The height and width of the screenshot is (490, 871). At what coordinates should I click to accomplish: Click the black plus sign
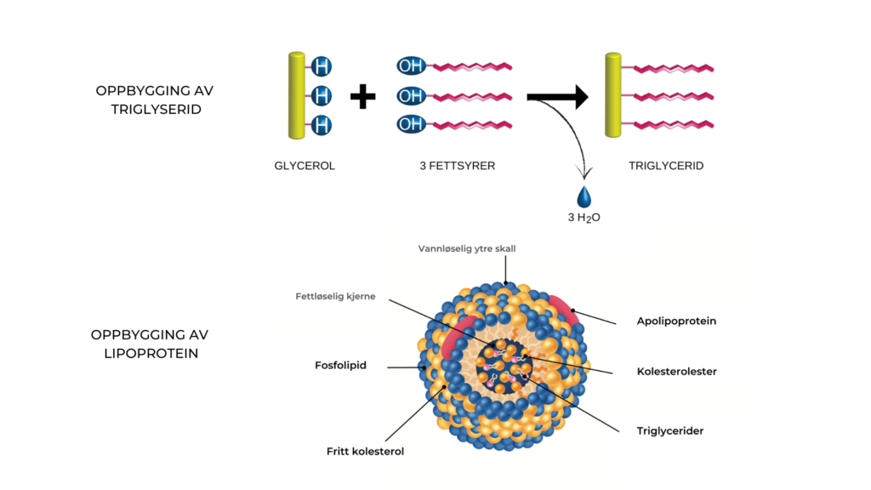[363, 97]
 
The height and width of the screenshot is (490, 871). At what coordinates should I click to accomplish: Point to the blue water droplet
[584, 197]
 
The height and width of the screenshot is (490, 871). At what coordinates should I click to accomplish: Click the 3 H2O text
[584, 218]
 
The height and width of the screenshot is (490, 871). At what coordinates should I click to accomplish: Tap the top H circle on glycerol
[321, 66]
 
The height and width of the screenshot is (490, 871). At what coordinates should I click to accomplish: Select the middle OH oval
[411, 96]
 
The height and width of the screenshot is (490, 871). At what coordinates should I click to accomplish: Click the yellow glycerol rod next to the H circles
[296, 95]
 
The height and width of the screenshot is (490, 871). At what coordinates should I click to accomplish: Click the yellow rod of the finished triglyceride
[612, 95]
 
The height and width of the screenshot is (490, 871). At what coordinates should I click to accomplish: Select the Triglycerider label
[670, 430]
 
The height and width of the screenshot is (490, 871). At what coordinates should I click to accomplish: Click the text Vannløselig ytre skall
[467, 249]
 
